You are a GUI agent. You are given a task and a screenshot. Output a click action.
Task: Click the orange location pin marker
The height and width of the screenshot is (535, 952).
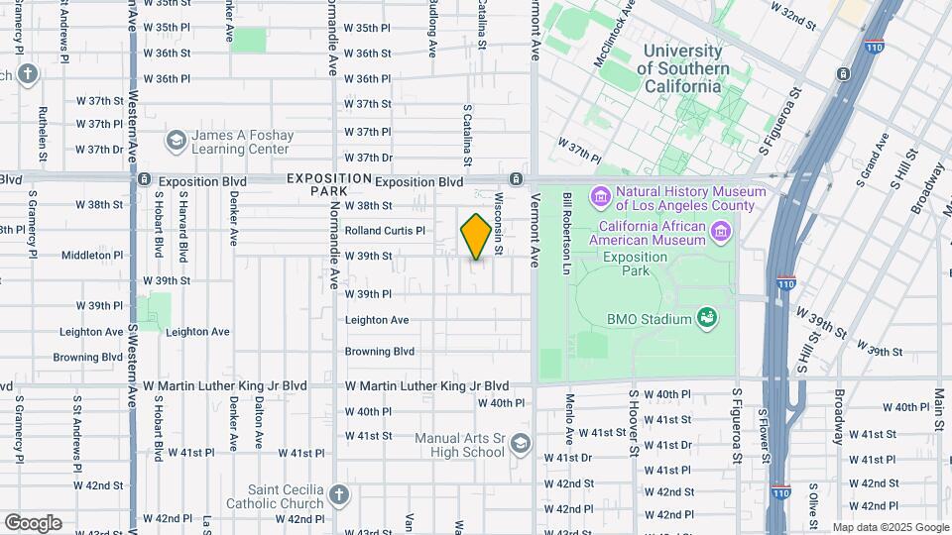476,237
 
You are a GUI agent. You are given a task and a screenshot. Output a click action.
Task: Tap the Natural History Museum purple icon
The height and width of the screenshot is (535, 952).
601,198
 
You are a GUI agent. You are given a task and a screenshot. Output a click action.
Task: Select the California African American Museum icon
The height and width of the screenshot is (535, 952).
721,233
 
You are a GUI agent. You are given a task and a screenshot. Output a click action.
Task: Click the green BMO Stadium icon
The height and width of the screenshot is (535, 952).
707,318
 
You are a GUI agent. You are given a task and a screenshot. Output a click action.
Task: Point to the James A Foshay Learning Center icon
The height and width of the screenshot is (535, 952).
177,140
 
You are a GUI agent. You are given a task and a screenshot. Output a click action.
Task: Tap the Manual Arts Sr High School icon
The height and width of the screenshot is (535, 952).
521,445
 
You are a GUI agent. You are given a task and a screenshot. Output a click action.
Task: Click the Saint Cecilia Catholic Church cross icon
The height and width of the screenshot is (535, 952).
339,494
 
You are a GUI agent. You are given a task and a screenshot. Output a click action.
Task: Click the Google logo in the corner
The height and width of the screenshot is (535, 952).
33,522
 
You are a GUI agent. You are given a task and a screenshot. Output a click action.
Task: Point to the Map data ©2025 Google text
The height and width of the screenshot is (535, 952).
890,527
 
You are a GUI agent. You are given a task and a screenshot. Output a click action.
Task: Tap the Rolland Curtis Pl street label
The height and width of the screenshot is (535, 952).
385,231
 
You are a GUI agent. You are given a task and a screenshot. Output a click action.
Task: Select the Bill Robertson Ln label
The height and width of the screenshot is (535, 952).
568,234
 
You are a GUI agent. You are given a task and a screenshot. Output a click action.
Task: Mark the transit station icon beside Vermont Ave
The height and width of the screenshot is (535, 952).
516,179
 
